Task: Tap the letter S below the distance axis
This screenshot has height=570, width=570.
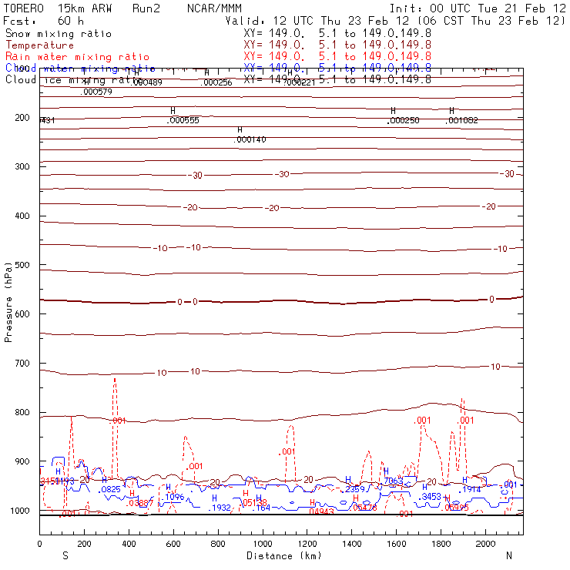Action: coord(65,555)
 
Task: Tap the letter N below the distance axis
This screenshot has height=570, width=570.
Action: coord(508,555)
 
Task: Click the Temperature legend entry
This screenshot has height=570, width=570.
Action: coord(40,45)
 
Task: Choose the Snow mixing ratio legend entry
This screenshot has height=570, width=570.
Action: coord(59,34)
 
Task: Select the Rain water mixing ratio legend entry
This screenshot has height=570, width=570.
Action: coord(77,57)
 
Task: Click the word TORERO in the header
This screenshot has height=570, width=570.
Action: coord(24,8)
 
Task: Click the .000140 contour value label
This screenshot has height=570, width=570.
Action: coord(250,139)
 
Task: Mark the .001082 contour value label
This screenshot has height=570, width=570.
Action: coord(462,121)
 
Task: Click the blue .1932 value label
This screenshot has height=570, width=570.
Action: coord(221,508)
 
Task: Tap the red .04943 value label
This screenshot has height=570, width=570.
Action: coord(321,511)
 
